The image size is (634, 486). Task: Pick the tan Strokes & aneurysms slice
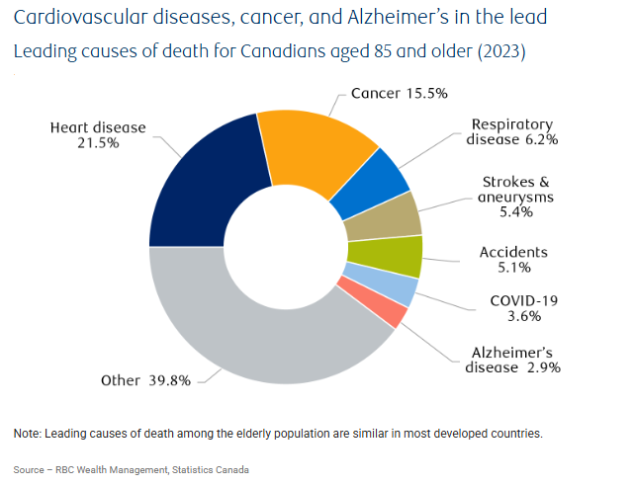(x=385, y=216)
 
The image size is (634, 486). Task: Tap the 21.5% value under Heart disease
(x=98, y=143)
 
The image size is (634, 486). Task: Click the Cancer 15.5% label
(x=400, y=93)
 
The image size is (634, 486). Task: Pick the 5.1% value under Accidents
(x=514, y=267)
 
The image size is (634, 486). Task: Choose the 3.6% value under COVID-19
(x=514, y=316)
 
